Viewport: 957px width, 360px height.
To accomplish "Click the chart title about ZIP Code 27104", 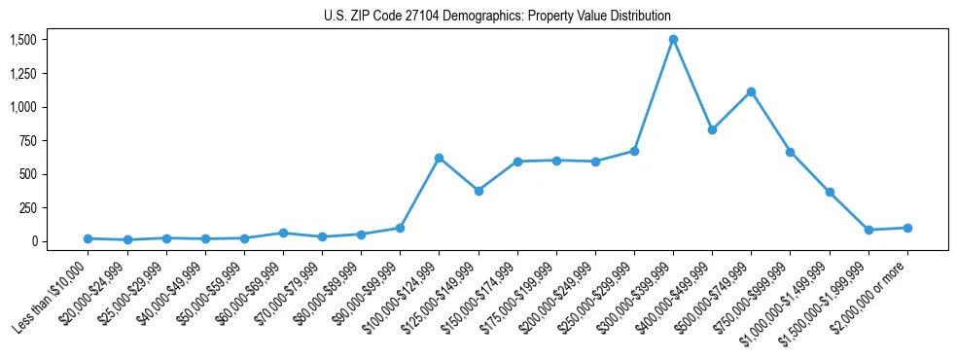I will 497,16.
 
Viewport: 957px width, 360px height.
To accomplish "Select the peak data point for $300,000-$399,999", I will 673,40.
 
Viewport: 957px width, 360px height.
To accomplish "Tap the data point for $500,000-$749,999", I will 751,91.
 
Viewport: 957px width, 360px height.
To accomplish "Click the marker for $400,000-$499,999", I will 712,129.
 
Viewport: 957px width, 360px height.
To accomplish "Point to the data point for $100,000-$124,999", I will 439,158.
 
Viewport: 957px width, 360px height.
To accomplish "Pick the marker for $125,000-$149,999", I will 478,191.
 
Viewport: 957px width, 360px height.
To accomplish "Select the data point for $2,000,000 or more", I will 907,228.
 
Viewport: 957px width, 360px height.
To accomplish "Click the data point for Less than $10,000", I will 88,238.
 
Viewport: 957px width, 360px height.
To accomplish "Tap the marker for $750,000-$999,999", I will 790,152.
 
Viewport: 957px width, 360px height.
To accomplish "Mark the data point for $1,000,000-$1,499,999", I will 830,192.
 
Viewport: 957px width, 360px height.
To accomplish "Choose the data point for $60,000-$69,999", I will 283,233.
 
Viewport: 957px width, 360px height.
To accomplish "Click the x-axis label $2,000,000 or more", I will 875,282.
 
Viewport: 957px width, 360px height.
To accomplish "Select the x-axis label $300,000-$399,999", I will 637,287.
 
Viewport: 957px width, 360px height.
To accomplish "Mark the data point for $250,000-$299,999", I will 634,151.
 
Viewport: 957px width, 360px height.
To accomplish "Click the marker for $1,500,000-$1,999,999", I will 868,230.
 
